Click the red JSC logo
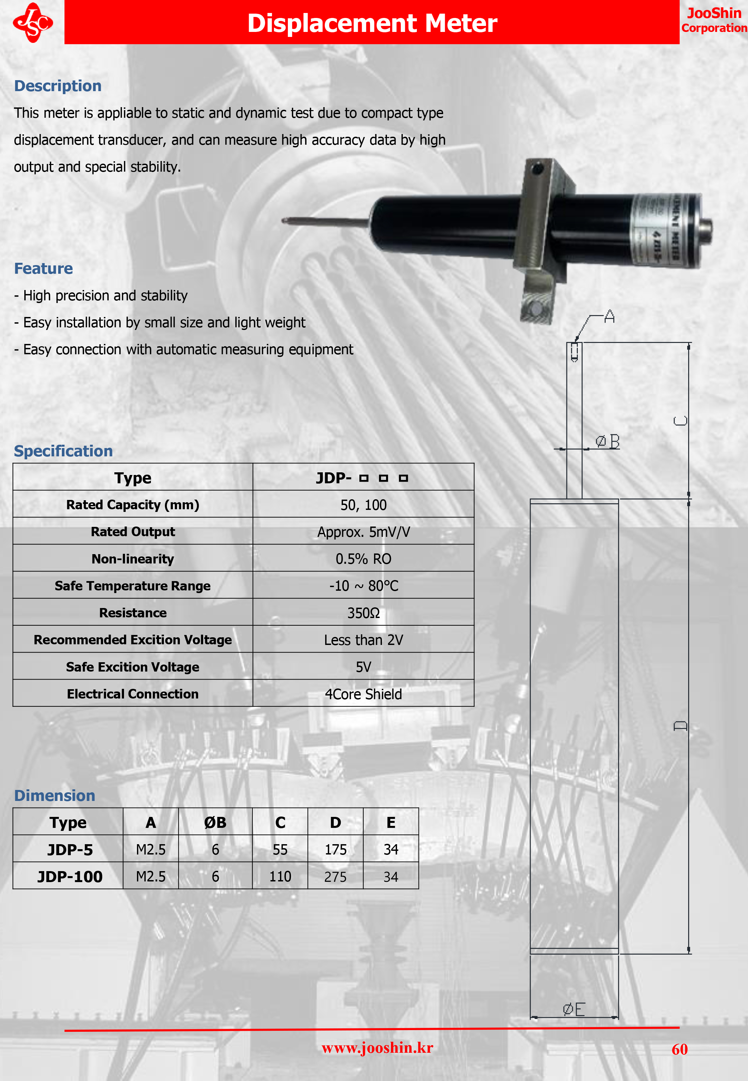pos(33,23)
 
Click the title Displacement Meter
pos(372,23)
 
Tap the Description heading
pos(58,86)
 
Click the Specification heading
pos(63,451)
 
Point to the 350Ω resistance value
pos(363,613)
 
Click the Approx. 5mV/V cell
pos(363,532)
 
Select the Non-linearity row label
pos(133,559)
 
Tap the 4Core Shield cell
pos(363,694)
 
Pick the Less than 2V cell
pos(363,640)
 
